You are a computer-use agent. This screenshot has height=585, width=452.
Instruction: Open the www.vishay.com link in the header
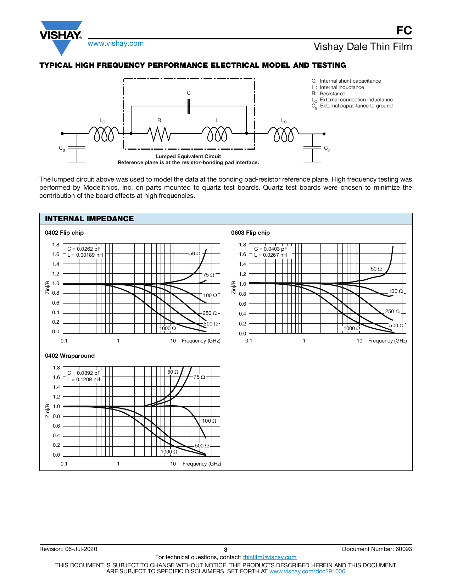[116, 43]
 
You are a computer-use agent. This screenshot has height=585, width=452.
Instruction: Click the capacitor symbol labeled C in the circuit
[189, 106]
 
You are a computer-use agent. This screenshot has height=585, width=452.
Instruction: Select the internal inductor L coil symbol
[217, 134]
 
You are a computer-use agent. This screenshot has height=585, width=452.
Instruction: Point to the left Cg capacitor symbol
[77, 148]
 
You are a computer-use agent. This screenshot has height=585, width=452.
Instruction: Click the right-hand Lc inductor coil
[284, 134]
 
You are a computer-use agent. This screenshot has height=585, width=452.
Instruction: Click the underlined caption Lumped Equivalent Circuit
[188, 156]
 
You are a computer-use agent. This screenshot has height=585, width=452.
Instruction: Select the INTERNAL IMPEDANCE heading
[89, 219]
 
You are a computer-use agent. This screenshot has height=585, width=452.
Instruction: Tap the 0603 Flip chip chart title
[250, 233]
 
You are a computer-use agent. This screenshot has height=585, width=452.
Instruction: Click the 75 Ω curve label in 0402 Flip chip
[209, 275]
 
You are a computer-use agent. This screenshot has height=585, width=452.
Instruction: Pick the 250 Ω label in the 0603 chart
[392, 311]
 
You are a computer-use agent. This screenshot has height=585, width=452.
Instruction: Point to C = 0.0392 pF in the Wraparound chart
[84, 373]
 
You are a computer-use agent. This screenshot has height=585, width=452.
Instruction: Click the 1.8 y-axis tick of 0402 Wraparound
[56, 368]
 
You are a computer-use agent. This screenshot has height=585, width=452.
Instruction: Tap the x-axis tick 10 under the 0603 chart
[359, 341]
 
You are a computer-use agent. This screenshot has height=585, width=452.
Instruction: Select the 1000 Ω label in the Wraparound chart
[169, 452]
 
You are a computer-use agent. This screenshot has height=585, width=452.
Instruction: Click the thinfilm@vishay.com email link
[270, 557]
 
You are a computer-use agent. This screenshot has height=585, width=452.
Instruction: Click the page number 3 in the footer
[225, 550]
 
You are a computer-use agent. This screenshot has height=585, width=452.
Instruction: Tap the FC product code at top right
[404, 30]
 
